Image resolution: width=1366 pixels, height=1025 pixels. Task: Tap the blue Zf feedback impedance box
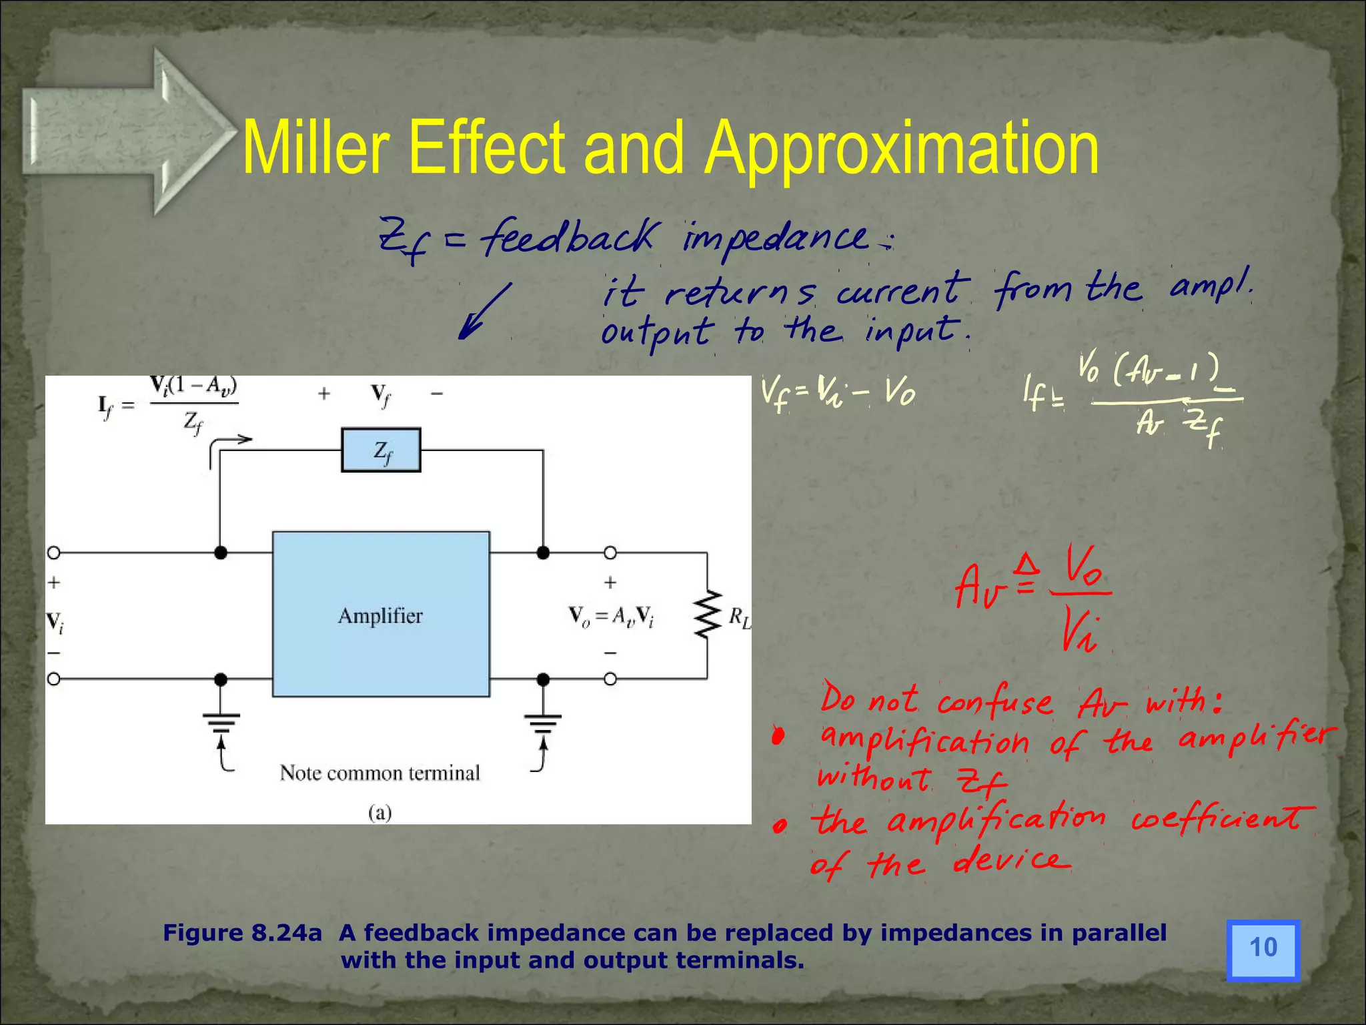point(381,450)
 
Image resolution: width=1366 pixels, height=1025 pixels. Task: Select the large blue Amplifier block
point(381,614)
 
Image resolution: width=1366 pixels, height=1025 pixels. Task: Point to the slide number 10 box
point(1263,950)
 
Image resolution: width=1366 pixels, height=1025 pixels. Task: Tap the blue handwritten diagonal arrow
point(484,311)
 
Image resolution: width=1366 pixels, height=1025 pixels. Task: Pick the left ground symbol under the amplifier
point(221,722)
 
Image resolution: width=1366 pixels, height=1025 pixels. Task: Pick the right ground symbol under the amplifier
point(543,722)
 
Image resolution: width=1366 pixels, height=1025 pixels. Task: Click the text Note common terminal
point(380,773)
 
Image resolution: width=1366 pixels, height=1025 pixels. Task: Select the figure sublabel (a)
point(380,812)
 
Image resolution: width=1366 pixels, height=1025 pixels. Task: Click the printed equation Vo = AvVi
point(610,615)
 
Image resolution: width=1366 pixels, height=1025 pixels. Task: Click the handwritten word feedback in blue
point(569,237)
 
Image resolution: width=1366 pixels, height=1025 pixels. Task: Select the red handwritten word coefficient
point(1223,819)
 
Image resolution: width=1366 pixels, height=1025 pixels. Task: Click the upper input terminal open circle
point(54,553)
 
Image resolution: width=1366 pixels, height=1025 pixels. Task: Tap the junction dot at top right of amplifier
point(543,553)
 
